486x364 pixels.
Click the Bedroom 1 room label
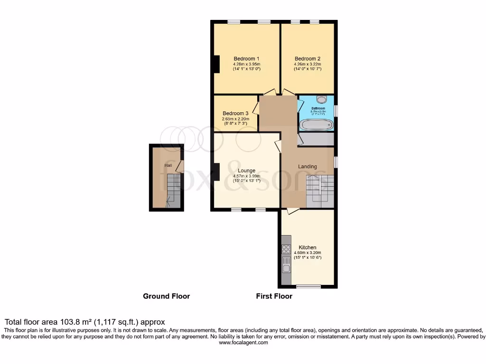246,59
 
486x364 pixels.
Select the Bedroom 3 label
235,114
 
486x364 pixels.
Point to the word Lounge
246,171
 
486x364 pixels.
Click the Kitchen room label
307,247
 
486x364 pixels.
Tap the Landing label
307,166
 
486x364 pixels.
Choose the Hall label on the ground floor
168,165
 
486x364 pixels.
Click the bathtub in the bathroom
317,125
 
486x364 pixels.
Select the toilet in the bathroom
321,100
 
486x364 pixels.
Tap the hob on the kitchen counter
286,249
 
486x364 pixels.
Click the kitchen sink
286,268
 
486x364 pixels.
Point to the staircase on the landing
320,190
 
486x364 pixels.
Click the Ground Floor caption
167,296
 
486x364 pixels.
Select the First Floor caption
274,296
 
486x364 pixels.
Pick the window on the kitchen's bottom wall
308,286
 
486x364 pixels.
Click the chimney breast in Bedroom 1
216,64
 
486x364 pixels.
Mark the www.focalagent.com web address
243,343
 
